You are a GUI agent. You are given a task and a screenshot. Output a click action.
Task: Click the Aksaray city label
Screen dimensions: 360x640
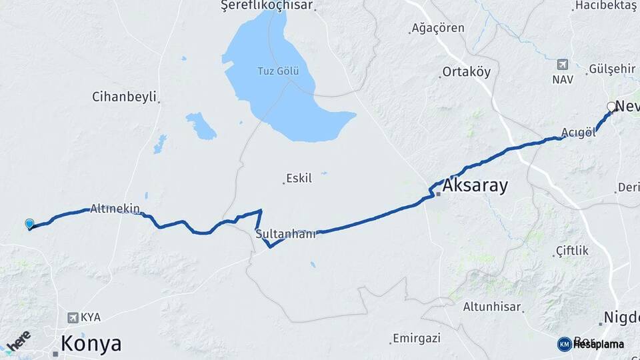[475, 185]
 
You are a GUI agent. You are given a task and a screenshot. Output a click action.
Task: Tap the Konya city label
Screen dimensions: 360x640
[91, 344]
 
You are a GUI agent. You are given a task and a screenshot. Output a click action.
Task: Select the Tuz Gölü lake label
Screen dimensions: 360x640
[279, 71]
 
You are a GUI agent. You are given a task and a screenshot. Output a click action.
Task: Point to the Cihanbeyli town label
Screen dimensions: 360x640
[124, 97]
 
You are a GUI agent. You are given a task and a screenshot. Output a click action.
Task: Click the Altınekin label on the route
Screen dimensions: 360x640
[115, 209]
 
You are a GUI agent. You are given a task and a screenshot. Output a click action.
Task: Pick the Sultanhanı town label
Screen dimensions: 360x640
[285, 234]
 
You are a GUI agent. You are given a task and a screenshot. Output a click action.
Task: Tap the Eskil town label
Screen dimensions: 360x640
[298, 179]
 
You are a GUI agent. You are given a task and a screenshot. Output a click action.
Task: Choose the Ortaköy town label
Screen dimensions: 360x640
[467, 72]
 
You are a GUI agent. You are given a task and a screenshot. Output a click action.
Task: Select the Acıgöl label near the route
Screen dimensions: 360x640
[578, 133]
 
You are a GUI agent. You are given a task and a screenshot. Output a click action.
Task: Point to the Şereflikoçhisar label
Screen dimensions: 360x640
[267, 5]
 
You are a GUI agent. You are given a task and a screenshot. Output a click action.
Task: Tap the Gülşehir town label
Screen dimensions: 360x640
[612, 69]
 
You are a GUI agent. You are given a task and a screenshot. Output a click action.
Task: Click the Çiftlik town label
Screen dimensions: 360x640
[572, 251]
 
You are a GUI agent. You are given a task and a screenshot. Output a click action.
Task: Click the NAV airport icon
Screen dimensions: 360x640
[562, 65]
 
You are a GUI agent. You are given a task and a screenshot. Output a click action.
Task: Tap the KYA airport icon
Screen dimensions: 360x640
[73, 317]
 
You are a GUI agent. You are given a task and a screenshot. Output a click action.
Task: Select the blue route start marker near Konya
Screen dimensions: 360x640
[29, 224]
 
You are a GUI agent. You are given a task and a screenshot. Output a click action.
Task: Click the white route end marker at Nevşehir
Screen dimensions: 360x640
[611, 107]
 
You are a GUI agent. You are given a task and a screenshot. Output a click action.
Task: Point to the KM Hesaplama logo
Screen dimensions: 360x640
[591, 344]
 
